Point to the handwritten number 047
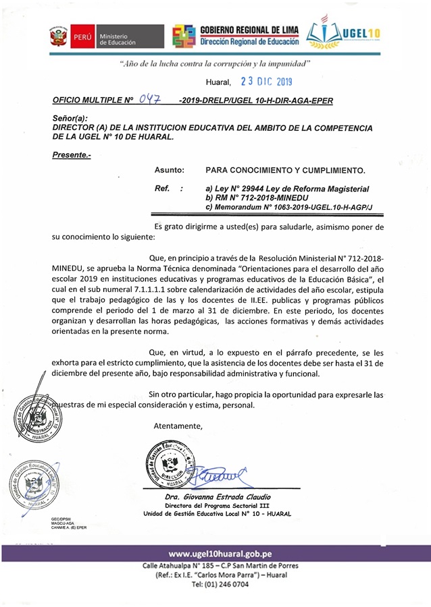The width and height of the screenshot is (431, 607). tap(149, 100)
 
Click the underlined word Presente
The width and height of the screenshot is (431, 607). tap(71, 155)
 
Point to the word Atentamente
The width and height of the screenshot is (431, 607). tap(178, 426)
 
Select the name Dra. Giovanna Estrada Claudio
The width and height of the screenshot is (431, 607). tap(218, 497)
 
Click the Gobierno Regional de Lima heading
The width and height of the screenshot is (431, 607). tap(249, 29)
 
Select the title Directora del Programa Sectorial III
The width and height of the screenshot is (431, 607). tap(218, 505)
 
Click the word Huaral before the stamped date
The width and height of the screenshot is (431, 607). tap(218, 83)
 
